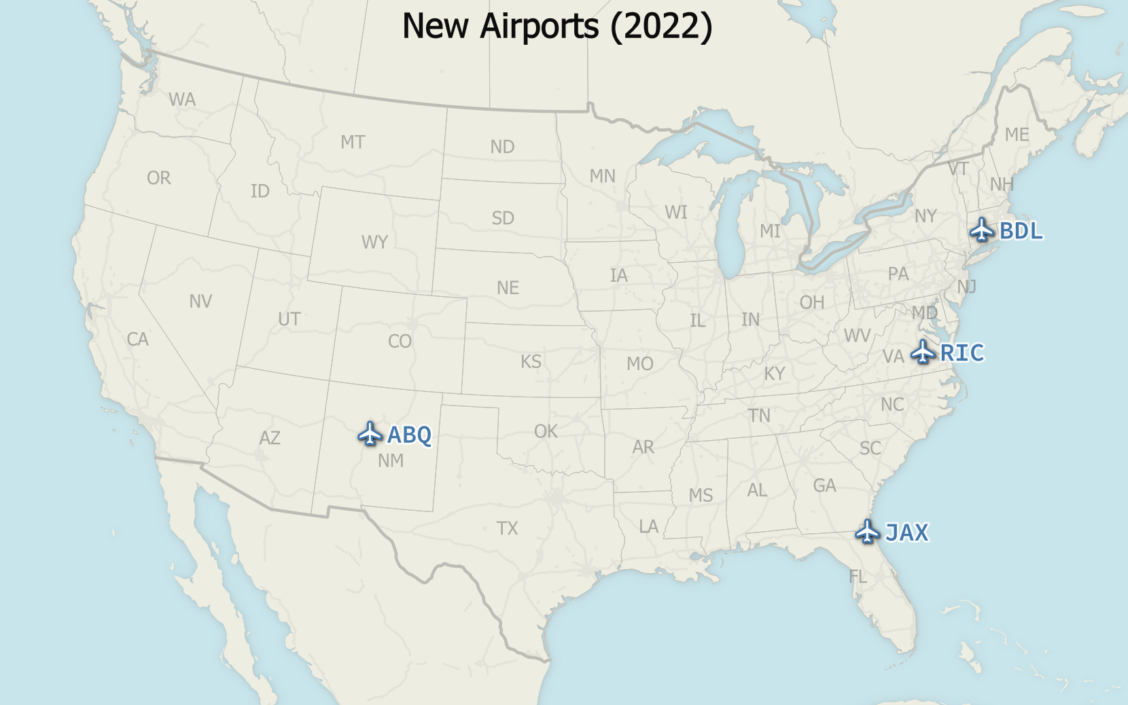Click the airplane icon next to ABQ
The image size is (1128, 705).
[x=370, y=433]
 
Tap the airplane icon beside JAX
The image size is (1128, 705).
[x=867, y=531]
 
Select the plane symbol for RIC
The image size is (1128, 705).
[x=922, y=352]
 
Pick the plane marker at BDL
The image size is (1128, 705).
[x=982, y=230]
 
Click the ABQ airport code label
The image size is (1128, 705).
[x=409, y=435]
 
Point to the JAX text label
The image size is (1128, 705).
[x=906, y=532]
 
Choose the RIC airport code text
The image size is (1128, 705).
[x=962, y=353]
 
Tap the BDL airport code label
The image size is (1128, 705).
[x=1021, y=231]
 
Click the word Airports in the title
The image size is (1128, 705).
[x=540, y=26]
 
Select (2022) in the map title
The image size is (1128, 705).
[x=661, y=26]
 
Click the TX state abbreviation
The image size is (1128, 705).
[x=507, y=528]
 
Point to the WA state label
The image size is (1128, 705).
[x=182, y=100]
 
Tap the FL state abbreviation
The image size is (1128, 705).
[x=858, y=577]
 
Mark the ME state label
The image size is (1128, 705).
[x=1017, y=135]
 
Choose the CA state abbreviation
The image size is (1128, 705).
[x=137, y=339]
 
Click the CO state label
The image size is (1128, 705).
[x=400, y=341]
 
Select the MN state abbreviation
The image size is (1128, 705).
[x=602, y=177]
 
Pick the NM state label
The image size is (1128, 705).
[x=391, y=460]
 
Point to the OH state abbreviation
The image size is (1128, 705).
[x=811, y=302]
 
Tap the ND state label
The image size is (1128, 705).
[x=502, y=147]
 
